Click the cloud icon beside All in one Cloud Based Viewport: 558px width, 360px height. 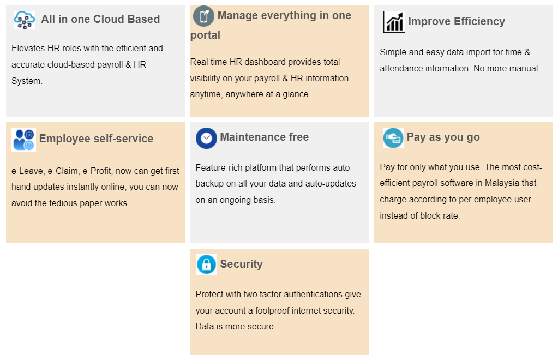(24, 20)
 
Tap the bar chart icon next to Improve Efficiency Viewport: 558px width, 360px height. (394, 22)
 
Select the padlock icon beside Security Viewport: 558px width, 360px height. (206, 265)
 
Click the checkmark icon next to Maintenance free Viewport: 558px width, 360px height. (206, 138)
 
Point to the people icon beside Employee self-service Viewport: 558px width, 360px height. (23, 140)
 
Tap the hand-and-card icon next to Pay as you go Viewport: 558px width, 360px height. (393, 137)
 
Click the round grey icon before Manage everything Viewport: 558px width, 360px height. (203, 16)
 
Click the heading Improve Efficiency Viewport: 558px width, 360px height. (457, 21)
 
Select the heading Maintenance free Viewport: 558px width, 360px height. (265, 137)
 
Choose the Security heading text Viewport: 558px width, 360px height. (241, 264)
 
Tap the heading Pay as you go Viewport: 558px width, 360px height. (443, 137)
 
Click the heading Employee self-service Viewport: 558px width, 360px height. (96, 139)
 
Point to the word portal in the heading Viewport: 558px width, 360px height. (205, 35)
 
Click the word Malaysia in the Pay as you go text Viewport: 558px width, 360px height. (502, 183)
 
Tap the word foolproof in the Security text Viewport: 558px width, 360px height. (272, 310)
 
